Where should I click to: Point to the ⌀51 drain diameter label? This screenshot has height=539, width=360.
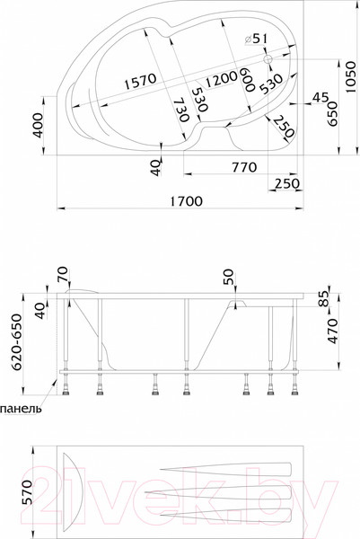tap(256, 39)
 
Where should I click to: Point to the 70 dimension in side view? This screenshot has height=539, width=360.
tap(62, 274)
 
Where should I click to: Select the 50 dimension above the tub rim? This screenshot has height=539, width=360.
tap(228, 276)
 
